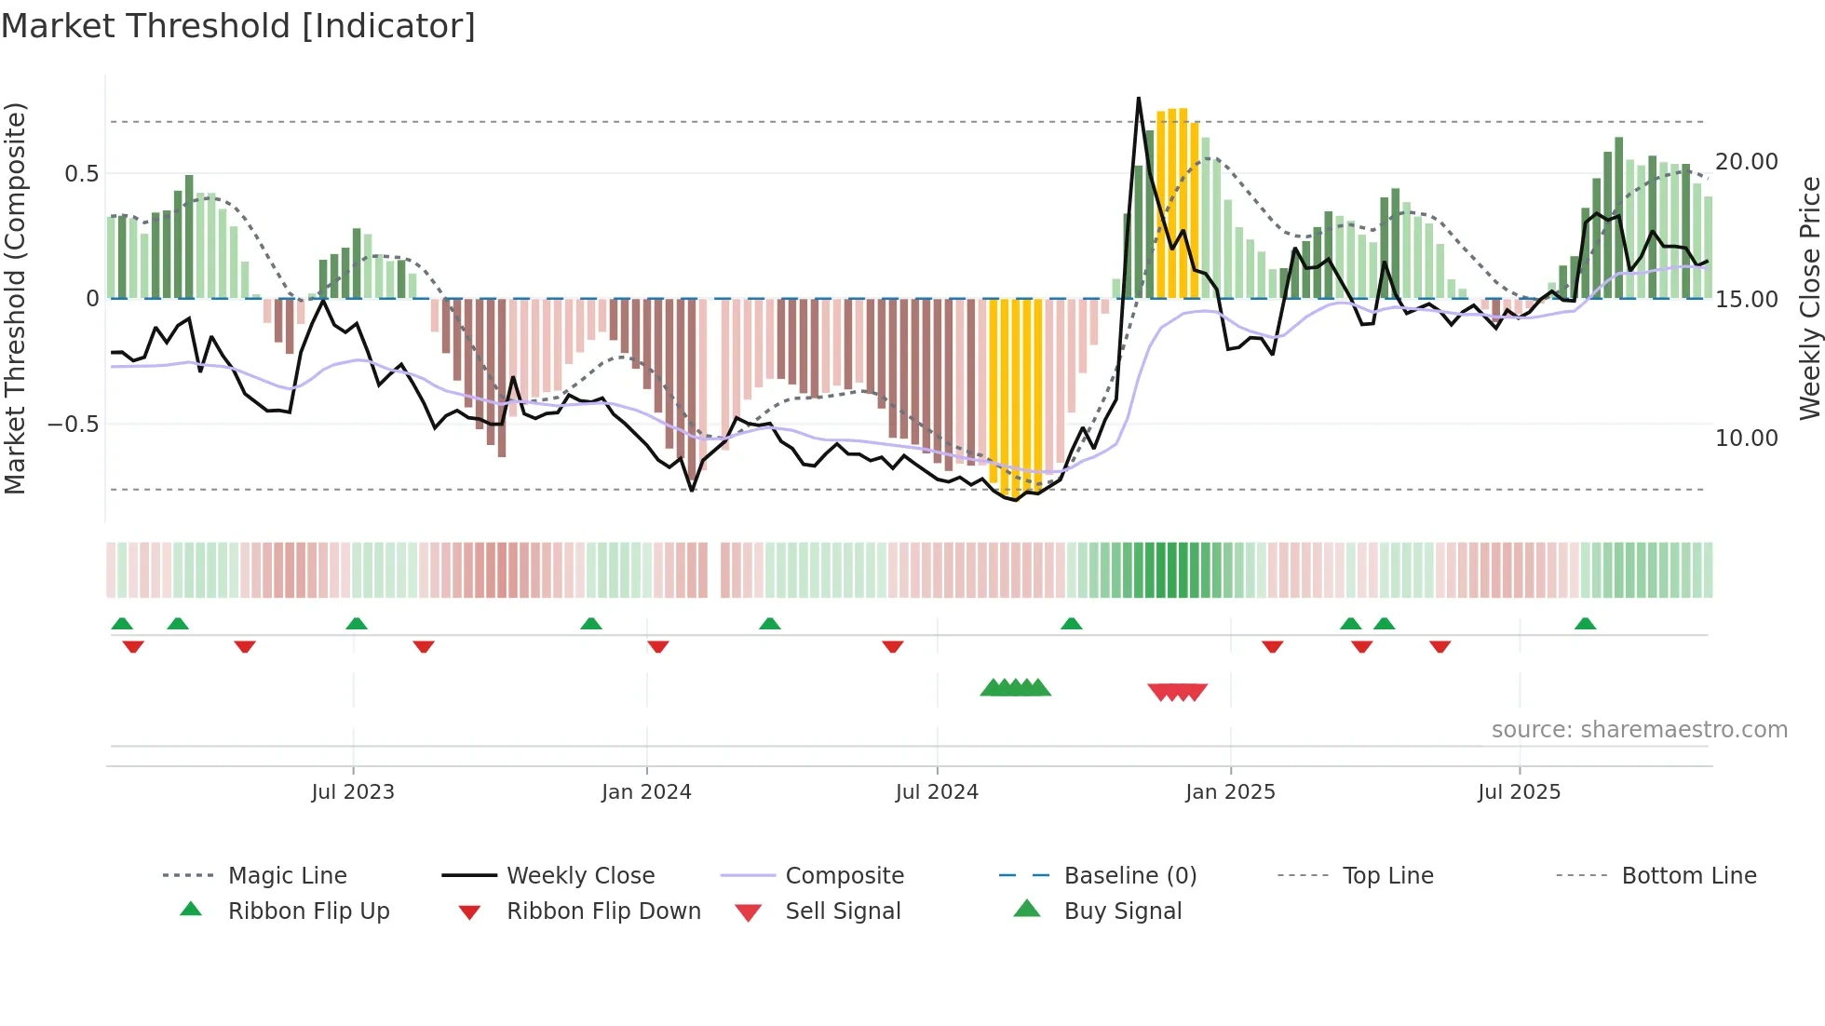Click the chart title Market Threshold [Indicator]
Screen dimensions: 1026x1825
pyautogui.click(x=238, y=26)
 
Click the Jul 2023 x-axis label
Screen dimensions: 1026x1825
pyautogui.click(x=353, y=792)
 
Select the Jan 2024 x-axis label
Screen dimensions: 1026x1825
pyautogui.click(x=646, y=792)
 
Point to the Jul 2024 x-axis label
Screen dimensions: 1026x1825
pyautogui.click(x=937, y=792)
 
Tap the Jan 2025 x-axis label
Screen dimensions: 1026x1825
pyautogui.click(x=1230, y=792)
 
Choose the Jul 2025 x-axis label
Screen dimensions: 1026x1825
pyautogui.click(x=1519, y=792)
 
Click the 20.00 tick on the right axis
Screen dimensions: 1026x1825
pyautogui.click(x=1747, y=162)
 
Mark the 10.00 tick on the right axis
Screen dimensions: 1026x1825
pyautogui.click(x=1747, y=439)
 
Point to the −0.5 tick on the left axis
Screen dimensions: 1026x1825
pyautogui.click(x=73, y=425)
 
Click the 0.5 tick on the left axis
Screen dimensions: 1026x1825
pyautogui.click(x=81, y=174)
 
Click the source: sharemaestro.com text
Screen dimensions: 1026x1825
pyautogui.click(x=1639, y=730)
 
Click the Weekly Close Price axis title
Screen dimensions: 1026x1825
pyautogui.click(x=1809, y=298)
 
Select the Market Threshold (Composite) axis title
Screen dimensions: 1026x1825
pyautogui.click(x=16, y=298)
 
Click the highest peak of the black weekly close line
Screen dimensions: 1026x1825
pyautogui.click(x=1138, y=98)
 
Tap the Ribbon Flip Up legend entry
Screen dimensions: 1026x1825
pyautogui.click(x=308, y=911)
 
